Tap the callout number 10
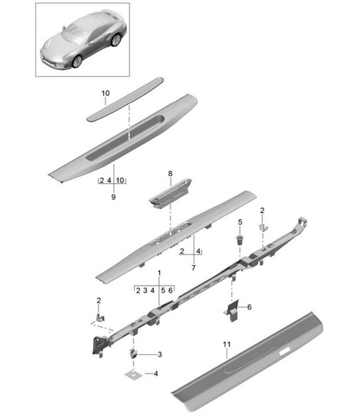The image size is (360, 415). [106, 94]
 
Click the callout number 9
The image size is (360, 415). [112, 196]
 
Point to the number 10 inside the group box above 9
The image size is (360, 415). [120, 180]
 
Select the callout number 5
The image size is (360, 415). [240, 221]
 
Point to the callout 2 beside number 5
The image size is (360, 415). [262, 210]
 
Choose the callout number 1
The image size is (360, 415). [159, 272]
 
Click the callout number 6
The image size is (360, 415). [249, 307]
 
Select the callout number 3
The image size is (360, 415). [158, 355]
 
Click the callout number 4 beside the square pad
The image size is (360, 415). [156, 375]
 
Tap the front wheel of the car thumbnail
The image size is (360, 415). [77, 61]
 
